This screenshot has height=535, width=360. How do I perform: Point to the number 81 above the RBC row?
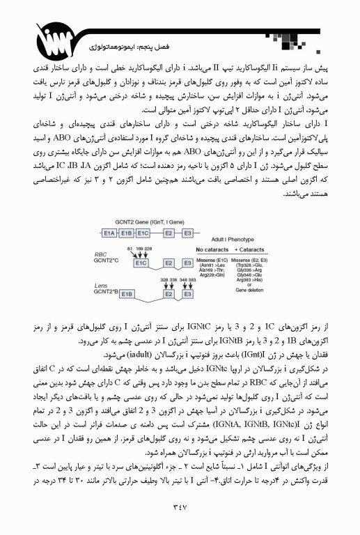coord(130,248)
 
